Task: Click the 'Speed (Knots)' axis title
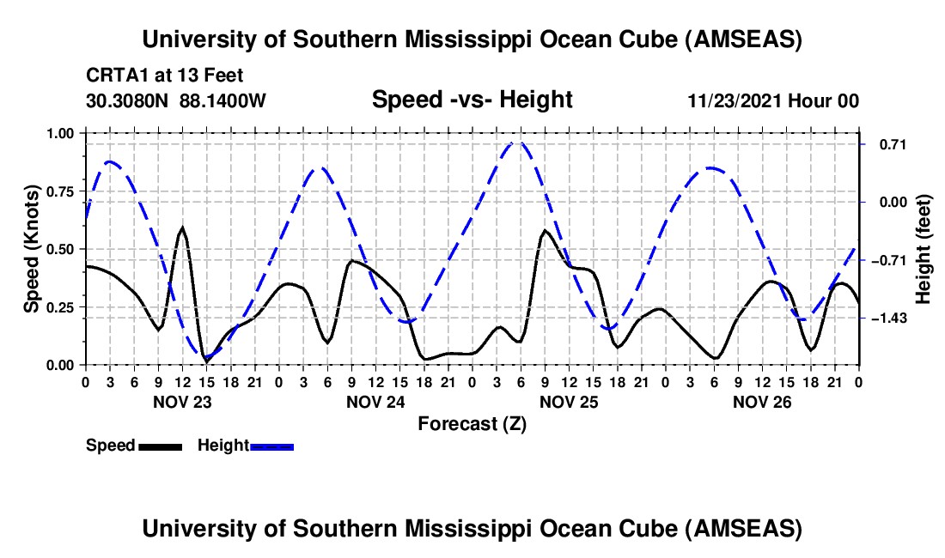(32, 248)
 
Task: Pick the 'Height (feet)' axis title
(924, 249)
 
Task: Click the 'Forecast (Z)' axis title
(472, 423)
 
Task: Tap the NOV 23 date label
(181, 402)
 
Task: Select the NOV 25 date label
(568, 402)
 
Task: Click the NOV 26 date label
(761, 402)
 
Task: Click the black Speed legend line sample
(159, 446)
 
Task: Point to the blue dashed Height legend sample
(272, 446)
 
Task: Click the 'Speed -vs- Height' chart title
(472, 100)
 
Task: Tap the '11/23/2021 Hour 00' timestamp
(773, 100)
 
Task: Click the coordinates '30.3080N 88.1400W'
(176, 100)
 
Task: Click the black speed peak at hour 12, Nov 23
(182, 228)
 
